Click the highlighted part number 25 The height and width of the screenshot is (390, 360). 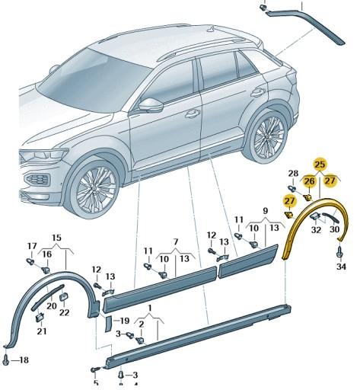tap(320, 164)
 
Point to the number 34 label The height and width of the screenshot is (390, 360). tap(341, 267)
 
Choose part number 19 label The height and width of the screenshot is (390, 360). tap(123, 321)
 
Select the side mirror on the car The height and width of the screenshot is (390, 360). tap(151, 104)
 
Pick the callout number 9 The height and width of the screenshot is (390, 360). tap(265, 209)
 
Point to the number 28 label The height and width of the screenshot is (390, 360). tap(293, 174)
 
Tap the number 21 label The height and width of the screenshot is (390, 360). tap(41, 331)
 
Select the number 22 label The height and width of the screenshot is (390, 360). tap(64, 313)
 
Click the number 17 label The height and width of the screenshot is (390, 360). tap(31, 245)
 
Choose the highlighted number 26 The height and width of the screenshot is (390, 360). tap(309, 181)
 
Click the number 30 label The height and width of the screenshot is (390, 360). tap(336, 229)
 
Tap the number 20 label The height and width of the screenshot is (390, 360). tap(51, 305)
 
